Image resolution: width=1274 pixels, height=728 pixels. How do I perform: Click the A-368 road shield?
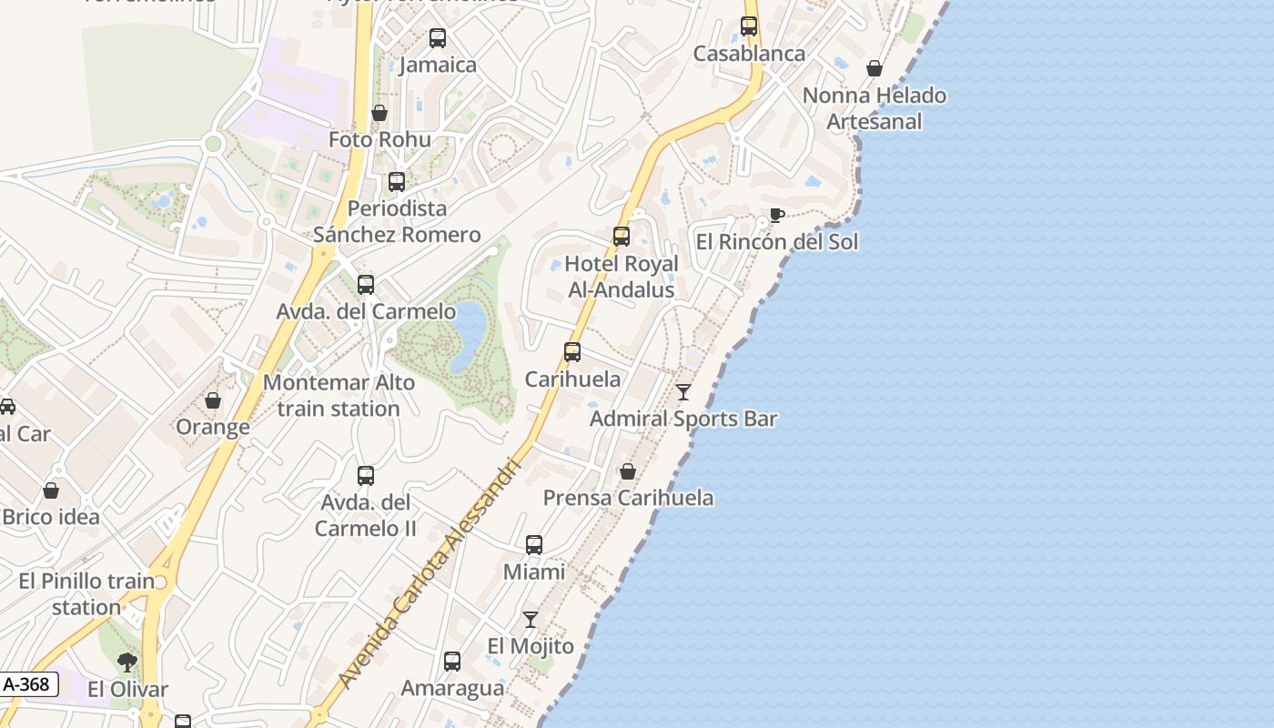27,684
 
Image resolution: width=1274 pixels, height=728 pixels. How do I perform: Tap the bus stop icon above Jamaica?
438,38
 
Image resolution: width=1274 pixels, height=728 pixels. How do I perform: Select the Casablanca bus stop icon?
749,26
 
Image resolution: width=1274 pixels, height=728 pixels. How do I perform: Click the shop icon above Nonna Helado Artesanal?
875,68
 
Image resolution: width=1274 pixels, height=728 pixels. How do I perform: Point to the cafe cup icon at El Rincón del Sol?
776,216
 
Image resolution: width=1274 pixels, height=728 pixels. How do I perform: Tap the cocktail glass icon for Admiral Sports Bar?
683,392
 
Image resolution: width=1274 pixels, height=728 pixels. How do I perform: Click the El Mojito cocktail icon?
531,620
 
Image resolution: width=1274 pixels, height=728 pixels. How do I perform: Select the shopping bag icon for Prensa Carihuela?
628,471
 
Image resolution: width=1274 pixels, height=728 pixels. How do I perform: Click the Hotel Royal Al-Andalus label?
622,277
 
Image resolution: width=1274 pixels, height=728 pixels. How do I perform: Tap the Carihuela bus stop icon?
572,352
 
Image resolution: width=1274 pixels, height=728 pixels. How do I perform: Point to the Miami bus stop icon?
534,545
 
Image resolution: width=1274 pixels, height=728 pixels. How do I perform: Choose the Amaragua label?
452,688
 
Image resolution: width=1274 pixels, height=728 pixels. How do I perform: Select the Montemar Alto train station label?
339,396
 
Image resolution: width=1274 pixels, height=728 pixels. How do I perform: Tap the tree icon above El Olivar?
127,662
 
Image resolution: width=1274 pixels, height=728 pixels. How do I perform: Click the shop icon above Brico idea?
51,490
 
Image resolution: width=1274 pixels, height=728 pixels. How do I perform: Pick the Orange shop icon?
213,400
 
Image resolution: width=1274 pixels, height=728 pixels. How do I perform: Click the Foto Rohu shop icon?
379,113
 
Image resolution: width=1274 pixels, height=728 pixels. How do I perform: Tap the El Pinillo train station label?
86,593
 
